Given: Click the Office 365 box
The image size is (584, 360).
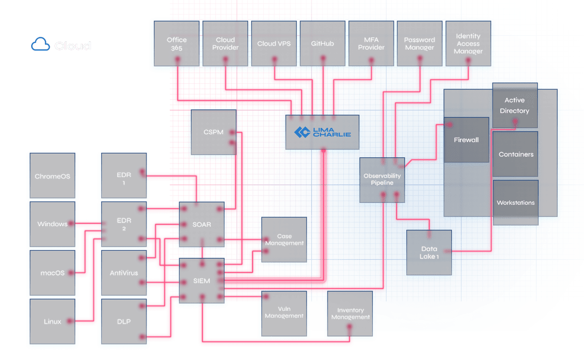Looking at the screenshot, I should click(x=176, y=44).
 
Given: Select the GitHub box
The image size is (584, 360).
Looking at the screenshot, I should click(x=322, y=44).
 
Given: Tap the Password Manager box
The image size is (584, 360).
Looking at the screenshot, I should click(x=420, y=44).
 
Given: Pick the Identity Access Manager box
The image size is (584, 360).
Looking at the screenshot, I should click(x=468, y=44).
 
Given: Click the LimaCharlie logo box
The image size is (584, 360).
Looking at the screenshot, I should click(x=322, y=132).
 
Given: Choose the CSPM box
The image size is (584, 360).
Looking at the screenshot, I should click(x=213, y=132).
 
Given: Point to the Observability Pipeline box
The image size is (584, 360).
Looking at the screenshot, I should click(x=382, y=179).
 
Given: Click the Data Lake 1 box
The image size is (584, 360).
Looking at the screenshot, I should click(x=429, y=252).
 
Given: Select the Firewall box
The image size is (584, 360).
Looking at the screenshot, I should click(x=466, y=140).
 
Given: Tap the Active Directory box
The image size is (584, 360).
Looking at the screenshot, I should click(x=514, y=105).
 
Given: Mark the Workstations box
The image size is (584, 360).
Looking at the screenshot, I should click(x=515, y=202).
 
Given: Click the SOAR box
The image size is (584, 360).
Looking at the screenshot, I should click(x=201, y=224).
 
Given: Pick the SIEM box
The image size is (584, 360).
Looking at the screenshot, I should click(x=201, y=281).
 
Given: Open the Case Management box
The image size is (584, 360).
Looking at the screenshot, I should click(x=284, y=240).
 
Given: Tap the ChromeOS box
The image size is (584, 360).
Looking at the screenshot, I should click(x=53, y=176).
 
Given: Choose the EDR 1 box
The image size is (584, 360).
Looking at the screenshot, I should click(x=124, y=176).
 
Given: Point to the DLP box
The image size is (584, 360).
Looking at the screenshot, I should click(x=124, y=322).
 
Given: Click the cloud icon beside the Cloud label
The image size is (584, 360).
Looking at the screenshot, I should click(x=41, y=45).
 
